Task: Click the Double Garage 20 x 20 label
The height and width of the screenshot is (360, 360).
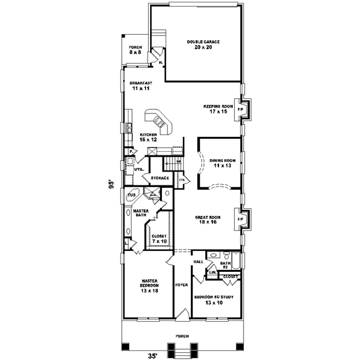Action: [x=203, y=44]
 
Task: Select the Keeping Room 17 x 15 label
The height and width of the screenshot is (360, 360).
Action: [x=217, y=108]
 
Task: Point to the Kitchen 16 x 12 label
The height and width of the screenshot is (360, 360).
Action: [x=148, y=137]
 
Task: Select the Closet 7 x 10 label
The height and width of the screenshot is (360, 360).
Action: [x=160, y=239]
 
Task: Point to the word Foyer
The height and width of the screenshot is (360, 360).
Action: [x=181, y=286]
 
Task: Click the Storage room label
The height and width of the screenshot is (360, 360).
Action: [x=159, y=178]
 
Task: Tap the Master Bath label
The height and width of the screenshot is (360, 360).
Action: [x=140, y=212]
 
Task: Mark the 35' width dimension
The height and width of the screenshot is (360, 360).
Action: [x=154, y=355]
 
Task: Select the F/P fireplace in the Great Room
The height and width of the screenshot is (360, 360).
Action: [x=241, y=220]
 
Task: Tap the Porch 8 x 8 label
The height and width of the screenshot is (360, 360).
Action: [x=135, y=51]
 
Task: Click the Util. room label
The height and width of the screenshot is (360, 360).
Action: [x=138, y=170]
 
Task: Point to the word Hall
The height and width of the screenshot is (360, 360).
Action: [x=199, y=262]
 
